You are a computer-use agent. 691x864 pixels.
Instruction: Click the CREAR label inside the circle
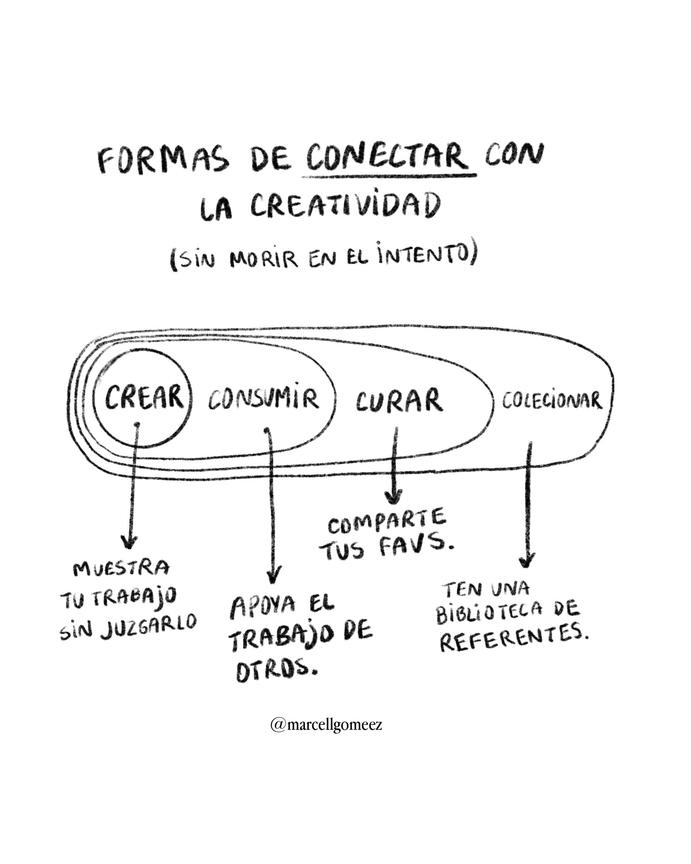143,397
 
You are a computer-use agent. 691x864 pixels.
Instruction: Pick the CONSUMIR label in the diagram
263,399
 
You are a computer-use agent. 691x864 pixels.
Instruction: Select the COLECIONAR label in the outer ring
552,401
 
